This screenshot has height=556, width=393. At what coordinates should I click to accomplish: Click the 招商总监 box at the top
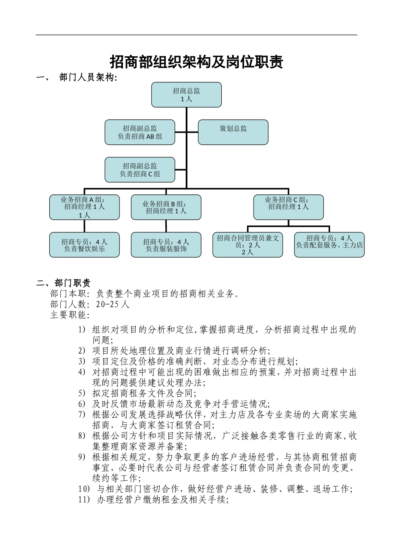pyautogui.click(x=186, y=95)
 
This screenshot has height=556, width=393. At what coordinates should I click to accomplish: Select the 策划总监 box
pyautogui.click(x=233, y=132)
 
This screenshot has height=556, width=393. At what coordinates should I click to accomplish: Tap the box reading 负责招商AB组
pyautogui.click(x=140, y=132)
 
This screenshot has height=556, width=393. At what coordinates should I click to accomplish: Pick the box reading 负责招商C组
pyautogui.click(x=140, y=170)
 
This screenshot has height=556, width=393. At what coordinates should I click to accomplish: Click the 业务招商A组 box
pyautogui.click(x=84, y=207)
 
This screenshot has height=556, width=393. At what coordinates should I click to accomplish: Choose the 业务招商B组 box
pyautogui.click(x=166, y=207)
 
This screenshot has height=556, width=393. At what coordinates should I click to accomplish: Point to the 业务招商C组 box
pyautogui.click(x=288, y=207)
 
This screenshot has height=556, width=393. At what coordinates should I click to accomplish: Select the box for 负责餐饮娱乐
pyautogui.click(x=84, y=245)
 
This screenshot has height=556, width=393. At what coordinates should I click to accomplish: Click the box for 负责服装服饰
pyautogui.click(x=166, y=245)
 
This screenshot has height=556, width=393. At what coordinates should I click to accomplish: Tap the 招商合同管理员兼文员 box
pyautogui.click(x=248, y=245)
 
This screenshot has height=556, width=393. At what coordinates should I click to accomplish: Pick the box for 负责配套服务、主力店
pyautogui.click(x=329, y=245)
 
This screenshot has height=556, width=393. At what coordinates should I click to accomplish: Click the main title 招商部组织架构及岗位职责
pyautogui.click(x=196, y=62)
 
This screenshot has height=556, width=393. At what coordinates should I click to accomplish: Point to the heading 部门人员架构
pyautogui.click(x=88, y=78)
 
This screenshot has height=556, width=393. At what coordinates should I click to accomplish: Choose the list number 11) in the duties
pyautogui.click(x=84, y=500)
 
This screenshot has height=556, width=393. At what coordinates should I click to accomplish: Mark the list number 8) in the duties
pyautogui.click(x=82, y=436)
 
